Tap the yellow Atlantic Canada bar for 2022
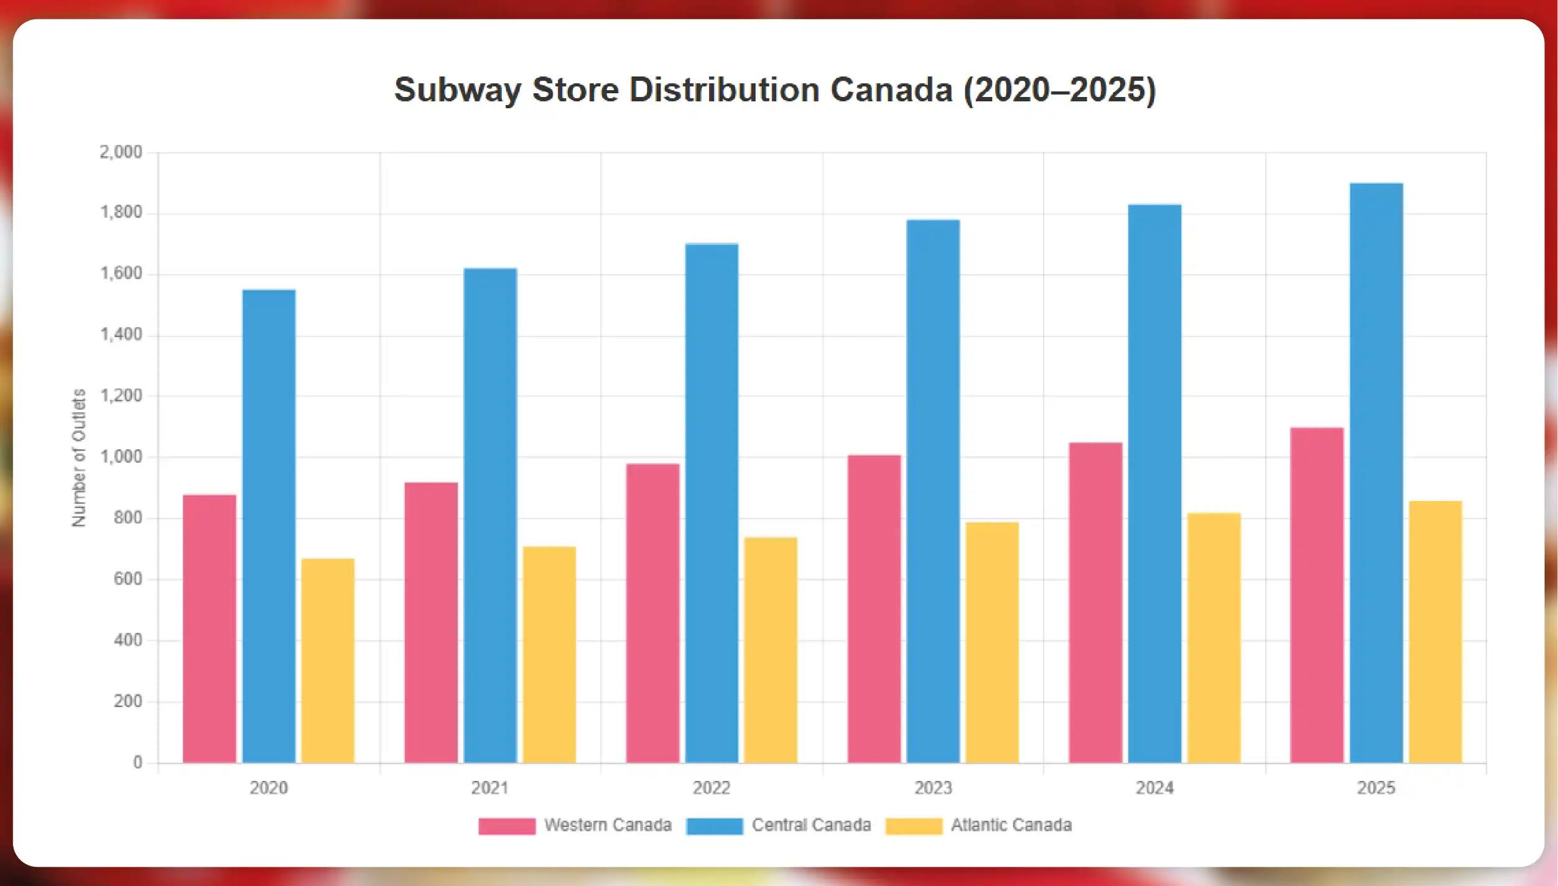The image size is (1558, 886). [x=771, y=650]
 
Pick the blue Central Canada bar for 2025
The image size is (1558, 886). [x=1376, y=473]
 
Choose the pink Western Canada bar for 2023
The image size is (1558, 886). [x=874, y=609]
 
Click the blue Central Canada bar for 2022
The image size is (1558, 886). [x=712, y=503]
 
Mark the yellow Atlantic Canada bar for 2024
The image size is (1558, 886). [x=1213, y=638]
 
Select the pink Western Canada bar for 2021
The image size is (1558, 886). [x=431, y=622]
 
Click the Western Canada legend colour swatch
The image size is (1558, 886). [x=507, y=826]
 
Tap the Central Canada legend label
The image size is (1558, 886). [x=811, y=825]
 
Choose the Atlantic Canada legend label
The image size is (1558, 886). [x=1011, y=825]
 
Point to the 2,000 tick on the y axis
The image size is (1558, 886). [x=121, y=152]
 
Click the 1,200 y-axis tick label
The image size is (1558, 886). [x=121, y=396]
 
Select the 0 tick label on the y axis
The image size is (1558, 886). [x=137, y=762]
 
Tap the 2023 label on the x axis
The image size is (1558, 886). [x=933, y=788]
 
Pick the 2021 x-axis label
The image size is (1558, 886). [x=490, y=788]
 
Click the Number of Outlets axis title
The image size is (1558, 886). [x=78, y=458]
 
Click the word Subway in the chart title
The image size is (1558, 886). [x=457, y=90]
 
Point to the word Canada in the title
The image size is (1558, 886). [x=891, y=90]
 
